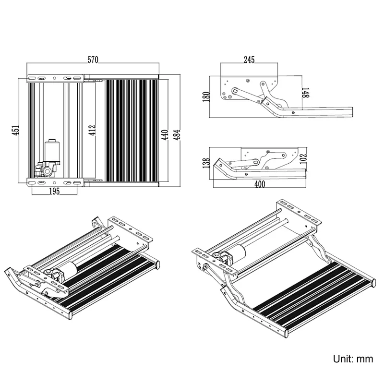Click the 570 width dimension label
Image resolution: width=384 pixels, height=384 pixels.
pos(93,60)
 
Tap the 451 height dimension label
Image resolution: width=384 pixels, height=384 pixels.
pos(16,130)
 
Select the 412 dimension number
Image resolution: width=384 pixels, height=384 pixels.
pos(93,130)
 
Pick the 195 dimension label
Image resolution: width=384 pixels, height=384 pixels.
pos(54,192)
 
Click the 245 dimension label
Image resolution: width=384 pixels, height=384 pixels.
pos(249,60)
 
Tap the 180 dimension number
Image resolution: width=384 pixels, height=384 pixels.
pos(207,96)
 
